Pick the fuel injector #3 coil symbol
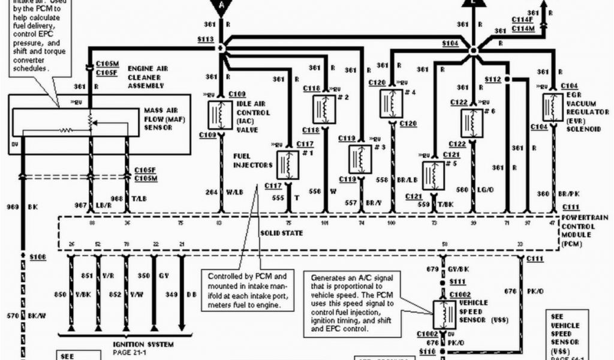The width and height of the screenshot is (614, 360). click(360, 160)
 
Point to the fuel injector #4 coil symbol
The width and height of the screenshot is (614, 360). click(391, 104)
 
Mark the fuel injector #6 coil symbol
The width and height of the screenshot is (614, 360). click(472, 123)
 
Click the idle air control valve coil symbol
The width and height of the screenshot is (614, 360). click(219, 115)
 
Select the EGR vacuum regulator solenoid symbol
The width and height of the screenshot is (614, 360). click(552, 107)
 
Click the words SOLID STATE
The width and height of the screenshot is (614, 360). click(281, 232)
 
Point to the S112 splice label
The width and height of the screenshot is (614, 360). click(492, 79)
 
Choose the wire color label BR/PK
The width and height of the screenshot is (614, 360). click(567, 194)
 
